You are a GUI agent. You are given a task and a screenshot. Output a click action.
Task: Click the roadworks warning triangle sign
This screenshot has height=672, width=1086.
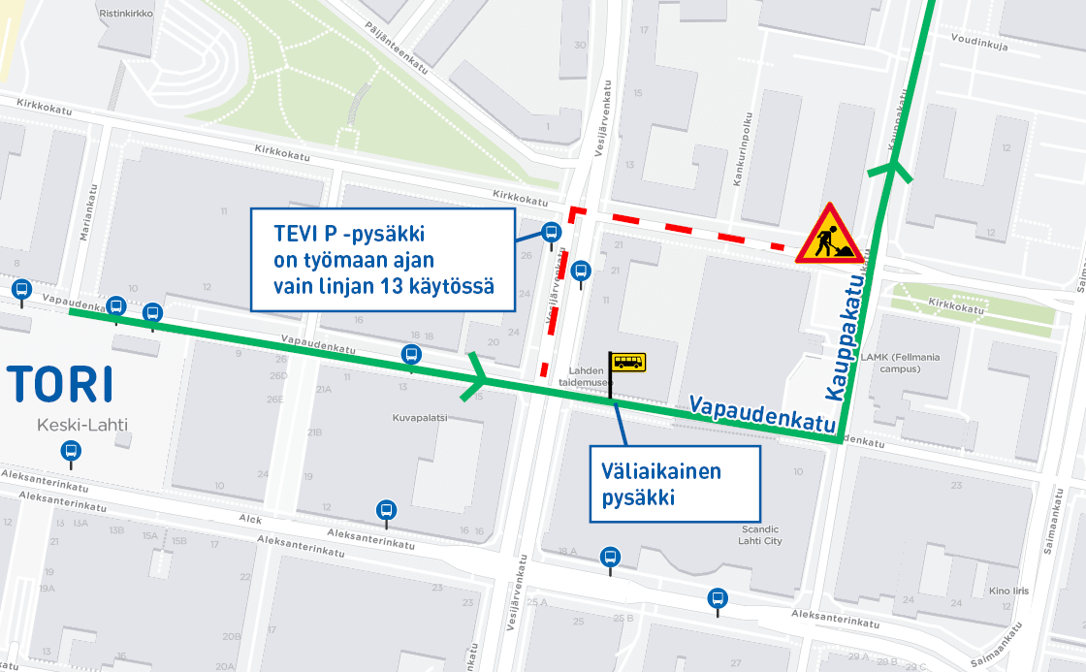point(826,236)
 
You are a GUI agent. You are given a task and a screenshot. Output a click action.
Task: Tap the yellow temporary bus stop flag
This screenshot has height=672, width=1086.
point(626,363)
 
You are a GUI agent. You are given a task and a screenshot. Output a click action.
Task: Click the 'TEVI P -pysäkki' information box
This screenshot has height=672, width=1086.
point(381,260)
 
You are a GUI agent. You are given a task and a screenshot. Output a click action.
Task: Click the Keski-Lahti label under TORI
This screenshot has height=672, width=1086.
point(82,425)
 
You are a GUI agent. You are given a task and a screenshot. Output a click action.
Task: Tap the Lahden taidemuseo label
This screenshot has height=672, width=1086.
point(584,376)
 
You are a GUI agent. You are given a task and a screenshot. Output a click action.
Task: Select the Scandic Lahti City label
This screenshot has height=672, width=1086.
point(760,534)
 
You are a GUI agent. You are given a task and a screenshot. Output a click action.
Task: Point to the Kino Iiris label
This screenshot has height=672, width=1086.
point(1008,590)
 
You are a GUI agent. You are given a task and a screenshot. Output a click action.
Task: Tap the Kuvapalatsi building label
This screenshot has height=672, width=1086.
point(419,418)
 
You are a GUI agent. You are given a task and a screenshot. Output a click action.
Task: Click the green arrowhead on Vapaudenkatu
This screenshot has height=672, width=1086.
point(474,379)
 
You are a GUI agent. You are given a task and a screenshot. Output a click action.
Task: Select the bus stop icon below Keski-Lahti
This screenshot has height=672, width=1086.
point(71,451)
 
